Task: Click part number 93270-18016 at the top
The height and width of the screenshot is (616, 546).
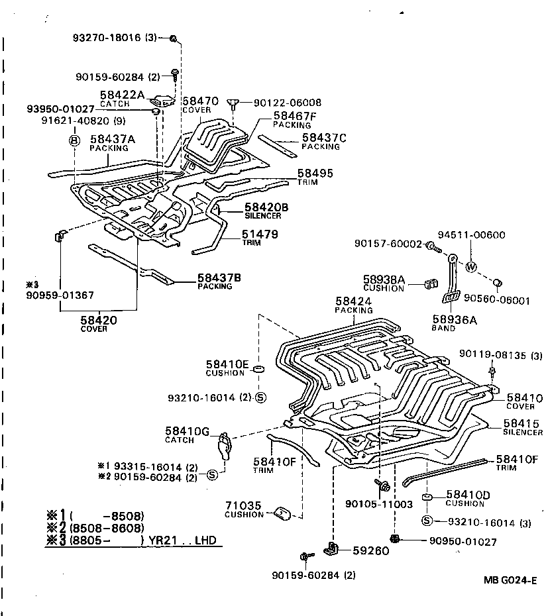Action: tap(114, 38)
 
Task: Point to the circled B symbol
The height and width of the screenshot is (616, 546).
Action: tap(74, 140)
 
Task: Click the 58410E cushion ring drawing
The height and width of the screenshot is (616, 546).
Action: tap(259, 367)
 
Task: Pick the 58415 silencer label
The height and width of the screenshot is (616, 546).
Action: tap(521, 424)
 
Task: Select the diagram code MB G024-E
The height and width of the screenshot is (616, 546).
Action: tap(508, 584)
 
